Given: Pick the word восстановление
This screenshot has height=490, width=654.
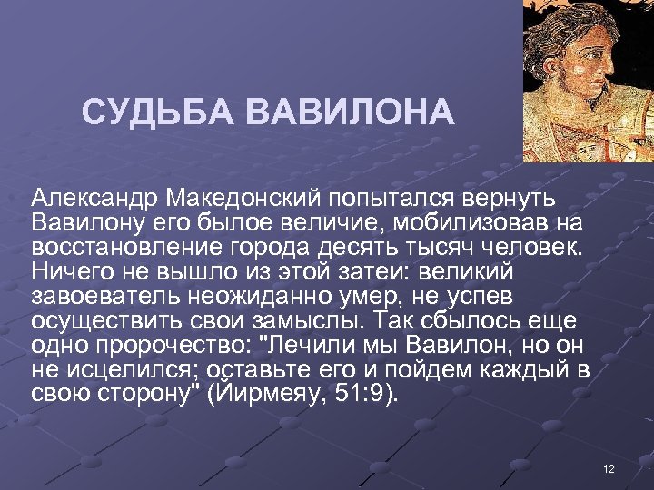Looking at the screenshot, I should pyautogui.click(x=122, y=247).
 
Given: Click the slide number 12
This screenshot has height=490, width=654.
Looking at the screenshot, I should pyautogui.click(x=609, y=468).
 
